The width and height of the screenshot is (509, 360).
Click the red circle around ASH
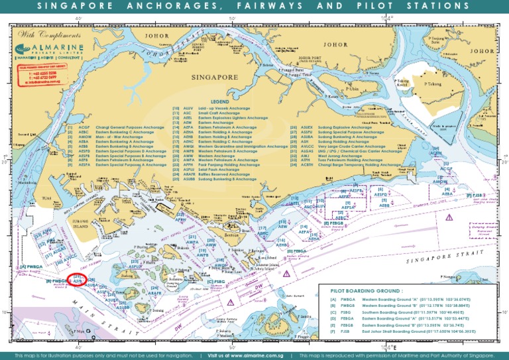(x=78, y=280)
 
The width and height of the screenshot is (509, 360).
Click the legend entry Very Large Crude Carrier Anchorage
(x=351, y=147)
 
